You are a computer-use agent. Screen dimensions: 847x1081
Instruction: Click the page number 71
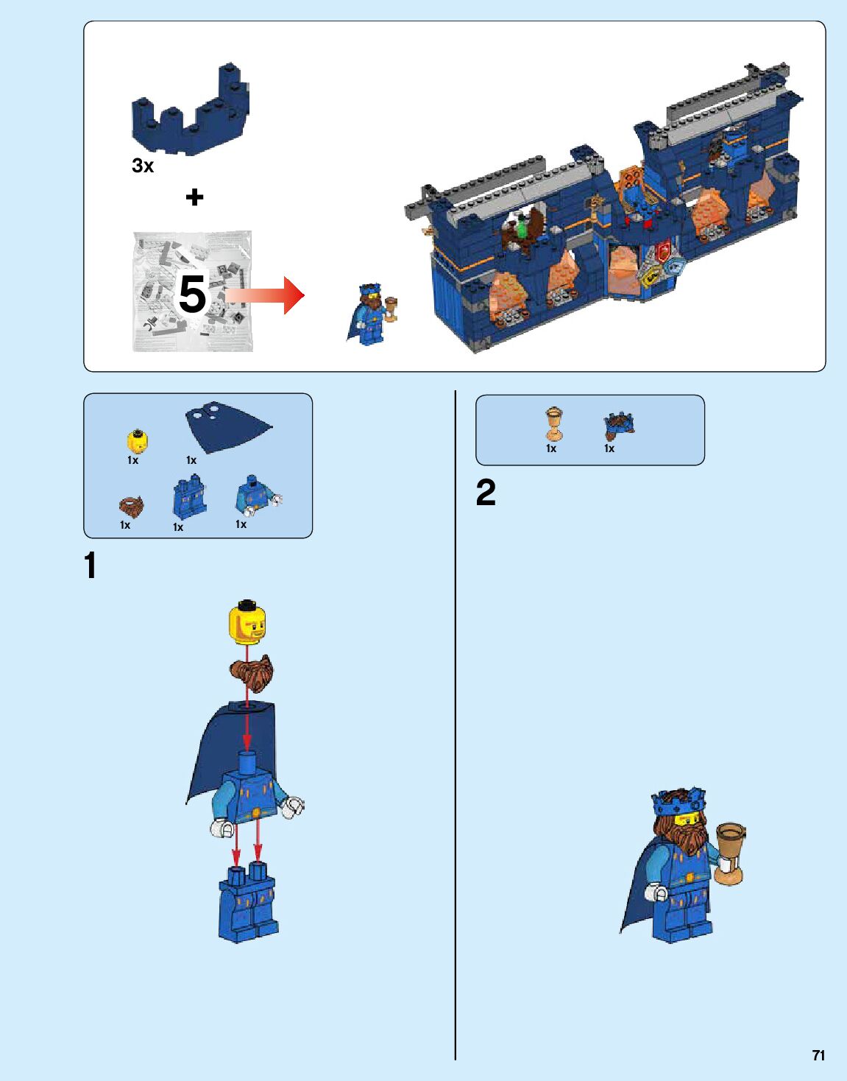tap(818, 1055)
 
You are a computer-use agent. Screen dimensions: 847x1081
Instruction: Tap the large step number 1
tap(91, 566)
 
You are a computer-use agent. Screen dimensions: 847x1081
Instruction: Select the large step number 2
tap(486, 493)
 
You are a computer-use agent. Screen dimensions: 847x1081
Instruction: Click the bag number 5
tap(192, 295)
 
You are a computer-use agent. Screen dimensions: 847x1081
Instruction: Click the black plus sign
tap(194, 197)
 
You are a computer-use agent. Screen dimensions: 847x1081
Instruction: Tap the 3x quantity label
tap(143, 166)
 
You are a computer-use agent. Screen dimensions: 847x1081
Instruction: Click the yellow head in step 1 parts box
tap(136, 442)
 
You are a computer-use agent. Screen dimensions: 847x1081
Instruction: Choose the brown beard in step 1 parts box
tap(131, 507)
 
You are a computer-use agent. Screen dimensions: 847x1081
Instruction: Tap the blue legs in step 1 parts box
tap(189, 499)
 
